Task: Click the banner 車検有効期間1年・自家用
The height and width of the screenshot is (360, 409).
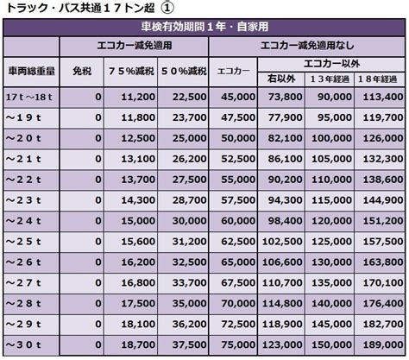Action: pos(204,27)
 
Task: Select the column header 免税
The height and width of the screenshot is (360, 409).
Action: pos(82,71)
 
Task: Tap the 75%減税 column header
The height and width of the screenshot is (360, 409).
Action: pos(131,71)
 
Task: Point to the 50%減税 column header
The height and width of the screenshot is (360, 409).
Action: pos(184,71)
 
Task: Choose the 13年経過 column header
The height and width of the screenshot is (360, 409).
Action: pos(330,79)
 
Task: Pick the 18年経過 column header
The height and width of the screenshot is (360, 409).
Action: pos(378,79)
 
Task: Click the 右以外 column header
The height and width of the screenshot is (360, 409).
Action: pos(281,79)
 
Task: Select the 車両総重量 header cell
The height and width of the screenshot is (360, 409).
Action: pos(31,71)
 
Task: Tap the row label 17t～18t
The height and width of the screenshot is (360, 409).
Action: pos(28,97)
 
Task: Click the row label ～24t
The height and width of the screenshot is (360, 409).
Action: pos(23,221)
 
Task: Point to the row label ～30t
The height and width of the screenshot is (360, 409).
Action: pos(23,344)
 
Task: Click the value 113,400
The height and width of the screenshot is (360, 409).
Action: pos(383,97)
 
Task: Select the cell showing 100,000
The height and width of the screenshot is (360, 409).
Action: pos(331,138)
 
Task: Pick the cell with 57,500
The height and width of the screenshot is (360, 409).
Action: pos(238,200)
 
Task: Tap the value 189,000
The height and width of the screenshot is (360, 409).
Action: pos(383,344)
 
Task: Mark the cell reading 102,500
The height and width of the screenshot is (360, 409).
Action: pos(282,242)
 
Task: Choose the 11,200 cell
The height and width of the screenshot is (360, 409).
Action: pos(138,97)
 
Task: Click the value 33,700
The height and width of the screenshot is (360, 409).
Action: pos(190,283)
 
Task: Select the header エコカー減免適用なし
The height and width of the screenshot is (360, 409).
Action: pos(307,46)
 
